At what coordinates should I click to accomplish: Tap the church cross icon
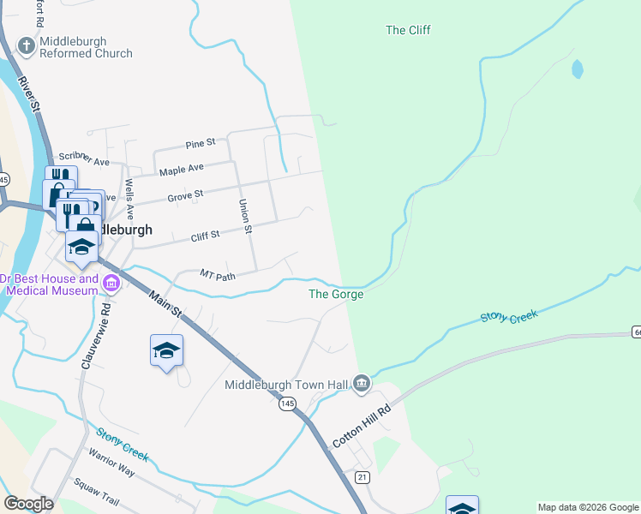pyautogui.click(x=27, y=46)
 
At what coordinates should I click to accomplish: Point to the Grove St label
pyautogui.click(x=185, y=195)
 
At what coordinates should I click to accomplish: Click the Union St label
pyautogui.click(x=245, y=217)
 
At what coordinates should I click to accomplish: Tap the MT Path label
pyautogui.click(x=218, y=275)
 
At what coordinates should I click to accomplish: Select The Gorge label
pyautogui.click(x=336, y=294)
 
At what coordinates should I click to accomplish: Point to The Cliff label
pyautogui.click(x=408, y=30)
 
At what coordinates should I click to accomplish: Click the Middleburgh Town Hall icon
pyautogui.click(x=361, y=383)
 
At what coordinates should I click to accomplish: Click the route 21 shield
pyautogui.click(x=362, y=476)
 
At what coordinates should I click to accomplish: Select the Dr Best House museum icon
pyautogui.click(x=111, y=283)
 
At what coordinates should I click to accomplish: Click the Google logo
pyautogui.click(x=28, y=504)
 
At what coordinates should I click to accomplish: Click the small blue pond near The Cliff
pyautogui.click(x=578, y=69)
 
